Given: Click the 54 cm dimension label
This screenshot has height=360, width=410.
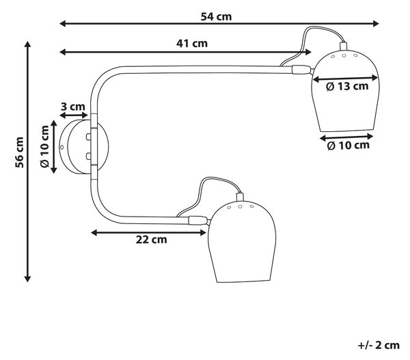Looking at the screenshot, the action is point(216,16).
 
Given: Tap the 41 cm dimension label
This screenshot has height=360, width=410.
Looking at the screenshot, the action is point(192,44).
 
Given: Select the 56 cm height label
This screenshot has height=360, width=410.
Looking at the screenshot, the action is point(19,152).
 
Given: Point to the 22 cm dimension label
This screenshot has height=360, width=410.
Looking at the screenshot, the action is point(151,240).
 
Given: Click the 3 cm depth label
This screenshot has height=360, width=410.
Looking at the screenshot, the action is point(73,107).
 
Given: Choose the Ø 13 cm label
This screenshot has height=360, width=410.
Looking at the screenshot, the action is point(347,86).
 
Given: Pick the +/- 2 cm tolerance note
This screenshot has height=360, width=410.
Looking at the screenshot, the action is point(379,346).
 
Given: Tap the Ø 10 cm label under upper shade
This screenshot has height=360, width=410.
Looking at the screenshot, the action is point(348,146).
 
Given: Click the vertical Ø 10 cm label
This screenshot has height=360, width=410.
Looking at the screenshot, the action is point(44,146).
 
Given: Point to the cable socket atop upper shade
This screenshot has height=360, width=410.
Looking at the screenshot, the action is point(343,46).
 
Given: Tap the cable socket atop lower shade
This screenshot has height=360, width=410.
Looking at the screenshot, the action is point(240,197).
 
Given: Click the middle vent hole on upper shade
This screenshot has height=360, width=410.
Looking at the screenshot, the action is point(344,55).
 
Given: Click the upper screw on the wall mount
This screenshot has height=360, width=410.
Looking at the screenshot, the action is point(89,137).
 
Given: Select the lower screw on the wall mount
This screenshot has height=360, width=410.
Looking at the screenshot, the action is point(89,156).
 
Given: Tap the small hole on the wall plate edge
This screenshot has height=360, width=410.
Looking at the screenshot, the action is point(62,147).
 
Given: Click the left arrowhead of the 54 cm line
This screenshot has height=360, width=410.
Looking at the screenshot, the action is point(62,24).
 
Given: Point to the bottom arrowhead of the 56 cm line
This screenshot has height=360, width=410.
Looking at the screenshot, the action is point(27,279).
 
